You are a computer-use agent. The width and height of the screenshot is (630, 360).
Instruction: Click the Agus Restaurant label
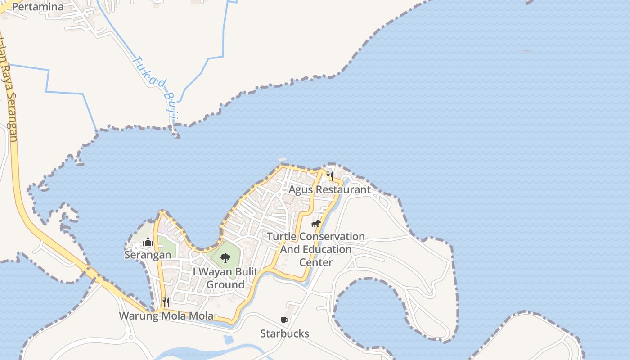click(329, 189)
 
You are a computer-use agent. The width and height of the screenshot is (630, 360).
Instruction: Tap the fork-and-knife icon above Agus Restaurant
click(330, 176)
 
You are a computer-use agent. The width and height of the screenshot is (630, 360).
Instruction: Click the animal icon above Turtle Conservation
click(316, 223)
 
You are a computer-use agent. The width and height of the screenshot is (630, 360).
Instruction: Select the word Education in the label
click(325, 249)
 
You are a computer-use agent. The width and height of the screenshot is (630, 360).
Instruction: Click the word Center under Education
click(316, 262)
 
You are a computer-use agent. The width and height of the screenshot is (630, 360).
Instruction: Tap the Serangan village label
click(148, 255)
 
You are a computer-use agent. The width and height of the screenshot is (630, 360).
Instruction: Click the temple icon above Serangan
click(148, 242)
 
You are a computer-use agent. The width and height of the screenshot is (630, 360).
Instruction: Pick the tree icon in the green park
click(225, 258)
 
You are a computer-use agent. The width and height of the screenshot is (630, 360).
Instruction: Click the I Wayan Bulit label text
click(225, 272)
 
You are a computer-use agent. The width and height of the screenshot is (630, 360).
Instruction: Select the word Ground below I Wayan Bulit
click(225, 285)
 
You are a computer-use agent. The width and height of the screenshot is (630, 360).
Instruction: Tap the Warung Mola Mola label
click(166, 315)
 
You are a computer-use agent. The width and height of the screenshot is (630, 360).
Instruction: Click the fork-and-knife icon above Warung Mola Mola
click(166, 302)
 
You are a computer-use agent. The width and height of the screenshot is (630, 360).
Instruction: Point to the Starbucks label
click(284, 333)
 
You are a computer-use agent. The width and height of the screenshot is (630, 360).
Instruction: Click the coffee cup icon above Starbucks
click(284, 320)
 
